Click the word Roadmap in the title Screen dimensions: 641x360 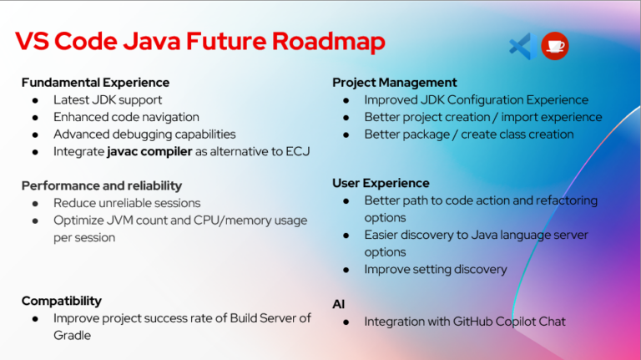[329, 42]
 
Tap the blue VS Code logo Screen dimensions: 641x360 [523, 46]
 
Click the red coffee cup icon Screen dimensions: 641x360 [555, 46]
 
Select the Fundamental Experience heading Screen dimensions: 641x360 [95, 83]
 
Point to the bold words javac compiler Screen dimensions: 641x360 [149, 151]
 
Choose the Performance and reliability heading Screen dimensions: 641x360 [102, 185]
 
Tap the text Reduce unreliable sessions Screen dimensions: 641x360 [127, 203]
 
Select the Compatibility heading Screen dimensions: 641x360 [61, 301]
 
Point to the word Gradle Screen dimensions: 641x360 [72, 336]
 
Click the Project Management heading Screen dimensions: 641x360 [395, 83]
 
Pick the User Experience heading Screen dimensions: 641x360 [381, 183]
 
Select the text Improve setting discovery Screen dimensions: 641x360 [436, 269]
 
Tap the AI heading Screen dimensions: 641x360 [339, 304]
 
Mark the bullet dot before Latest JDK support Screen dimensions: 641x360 [36, 100]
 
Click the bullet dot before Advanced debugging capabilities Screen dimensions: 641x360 [36, 134]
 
